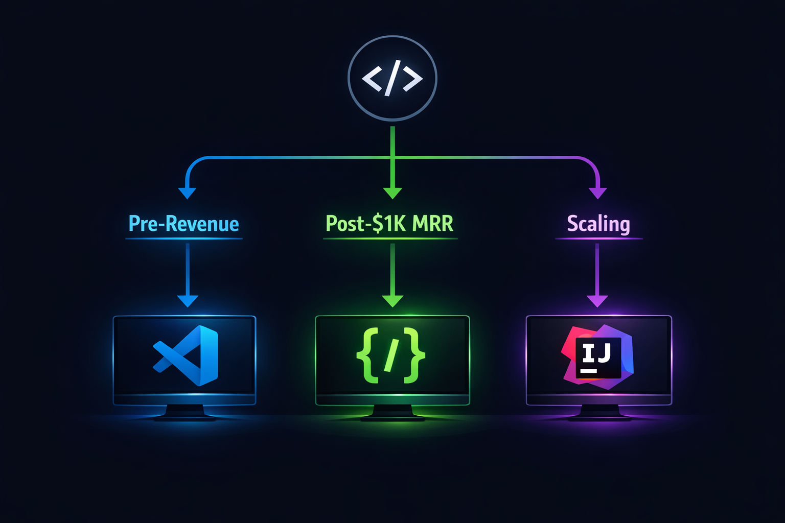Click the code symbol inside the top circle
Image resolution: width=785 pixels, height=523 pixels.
point(392,78)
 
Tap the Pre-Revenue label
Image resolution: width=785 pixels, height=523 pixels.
point(183,224)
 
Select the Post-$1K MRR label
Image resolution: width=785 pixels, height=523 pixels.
point(389,224)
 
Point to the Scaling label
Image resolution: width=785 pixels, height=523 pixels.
point(598,224)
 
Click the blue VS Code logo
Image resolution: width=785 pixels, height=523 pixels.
point(186,355)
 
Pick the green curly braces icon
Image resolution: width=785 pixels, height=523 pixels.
point(391,355)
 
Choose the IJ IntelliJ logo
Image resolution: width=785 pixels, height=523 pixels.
point(597,357)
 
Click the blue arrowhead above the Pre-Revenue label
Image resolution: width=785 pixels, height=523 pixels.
point(187,194)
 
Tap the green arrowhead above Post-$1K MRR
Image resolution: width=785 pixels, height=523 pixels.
point(392,194)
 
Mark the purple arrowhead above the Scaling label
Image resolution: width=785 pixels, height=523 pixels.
point(597,194)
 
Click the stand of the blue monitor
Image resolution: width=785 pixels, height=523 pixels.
point(184,413)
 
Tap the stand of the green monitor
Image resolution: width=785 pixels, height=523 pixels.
point(392,413)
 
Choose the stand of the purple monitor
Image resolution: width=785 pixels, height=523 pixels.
point(599,413)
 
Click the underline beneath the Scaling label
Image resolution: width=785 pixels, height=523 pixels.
point(598,239)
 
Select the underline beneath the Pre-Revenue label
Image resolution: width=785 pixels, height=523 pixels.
point(184,239)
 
